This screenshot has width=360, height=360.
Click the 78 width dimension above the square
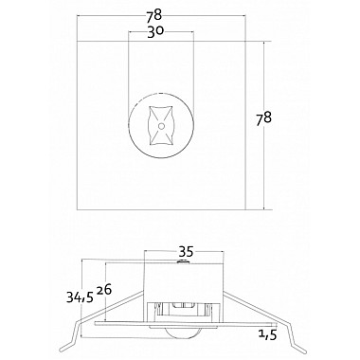[x=153, y=15]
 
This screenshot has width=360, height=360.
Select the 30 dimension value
[x=155, y=32]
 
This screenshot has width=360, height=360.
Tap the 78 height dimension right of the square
[x=263, y=118]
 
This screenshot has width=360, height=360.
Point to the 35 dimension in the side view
[x=186, y=252]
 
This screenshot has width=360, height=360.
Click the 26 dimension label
[x=104, y=290]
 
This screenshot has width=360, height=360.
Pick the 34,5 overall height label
[x=80, y=297]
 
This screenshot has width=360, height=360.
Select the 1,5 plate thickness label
[x=267, y=334]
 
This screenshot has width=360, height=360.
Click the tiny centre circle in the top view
[x=161, y=126]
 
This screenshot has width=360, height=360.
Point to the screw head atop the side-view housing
[x=183, y=261]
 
